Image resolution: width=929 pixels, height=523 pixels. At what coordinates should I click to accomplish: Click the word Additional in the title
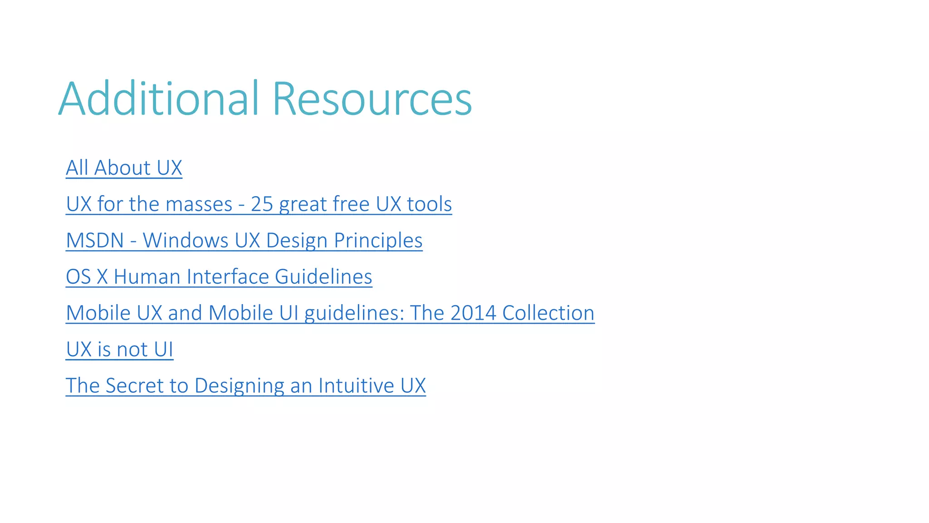pyautogui.click(x=159, y=99)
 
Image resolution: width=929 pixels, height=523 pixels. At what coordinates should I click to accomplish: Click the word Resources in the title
pyautogui.click(x=372, y=99)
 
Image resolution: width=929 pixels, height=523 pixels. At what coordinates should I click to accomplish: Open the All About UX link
pyautogui.click(x=124, y=168)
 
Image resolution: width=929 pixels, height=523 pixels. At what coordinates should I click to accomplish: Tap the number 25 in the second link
pyautogui.click(x=262, y=204)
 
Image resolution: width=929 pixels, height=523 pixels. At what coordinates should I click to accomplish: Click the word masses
pyautogui.click(x=199, y=204)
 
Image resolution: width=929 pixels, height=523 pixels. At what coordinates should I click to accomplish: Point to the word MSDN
pyautogui.click(x=95, y=240)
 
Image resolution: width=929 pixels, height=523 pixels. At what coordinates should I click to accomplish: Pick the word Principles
pyautogui.click(x=378, y=240)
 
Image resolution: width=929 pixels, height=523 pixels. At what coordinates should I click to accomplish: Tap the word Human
pyautogui.click(x=147, y=276)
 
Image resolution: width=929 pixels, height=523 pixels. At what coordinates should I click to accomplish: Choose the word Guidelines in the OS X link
pyautogui.click(x=323, y=276)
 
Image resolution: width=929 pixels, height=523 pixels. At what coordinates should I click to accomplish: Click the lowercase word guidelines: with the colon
pyautogui.click(x=354, y=313)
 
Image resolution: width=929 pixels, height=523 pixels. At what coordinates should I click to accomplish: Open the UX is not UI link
pyautogui.click(x=119, y=349)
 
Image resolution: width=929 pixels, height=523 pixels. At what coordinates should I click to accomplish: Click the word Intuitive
pyautogui.click(x=356, y=385)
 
